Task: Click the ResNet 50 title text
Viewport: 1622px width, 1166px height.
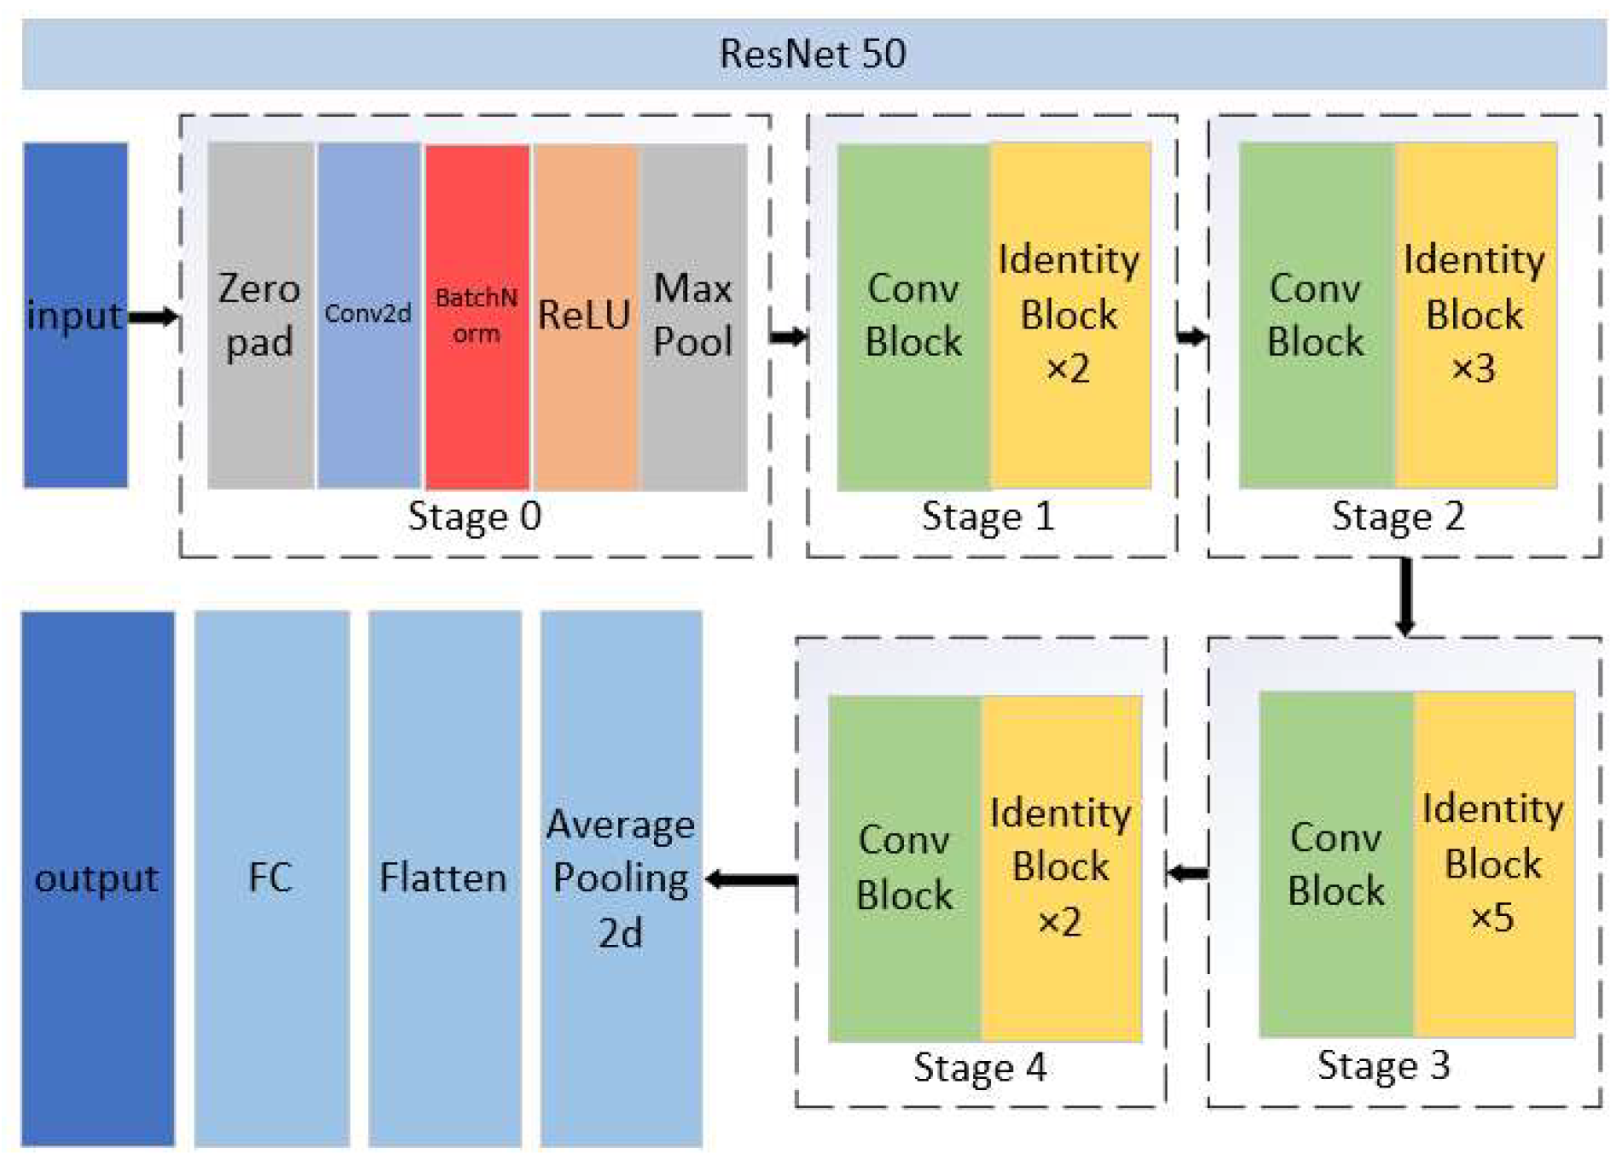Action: [812, 54]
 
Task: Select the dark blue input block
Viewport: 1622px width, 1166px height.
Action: [75, 315]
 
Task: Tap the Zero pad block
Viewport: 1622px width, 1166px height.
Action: [260, 315]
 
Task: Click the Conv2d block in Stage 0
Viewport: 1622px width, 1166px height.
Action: [368, 315]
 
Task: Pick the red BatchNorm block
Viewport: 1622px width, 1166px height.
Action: [476, 315]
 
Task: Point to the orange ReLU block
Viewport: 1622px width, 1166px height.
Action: [585, 315]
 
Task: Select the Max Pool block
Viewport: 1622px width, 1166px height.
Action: [693, 315]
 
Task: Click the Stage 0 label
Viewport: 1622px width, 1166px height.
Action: [475, 516]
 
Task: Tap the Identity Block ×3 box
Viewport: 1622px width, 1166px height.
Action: [1475, 315]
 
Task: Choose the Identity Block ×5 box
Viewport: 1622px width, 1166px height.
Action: [1493, 864]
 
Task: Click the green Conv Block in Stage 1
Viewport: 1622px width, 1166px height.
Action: [913, 315]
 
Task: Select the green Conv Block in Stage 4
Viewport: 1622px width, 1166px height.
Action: [904, 868]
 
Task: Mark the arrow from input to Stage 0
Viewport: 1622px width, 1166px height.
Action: [154, 318]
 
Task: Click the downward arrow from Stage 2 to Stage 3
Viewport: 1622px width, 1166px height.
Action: [1405, 596]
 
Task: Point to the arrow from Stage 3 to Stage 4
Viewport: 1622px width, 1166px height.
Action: [1187, 872]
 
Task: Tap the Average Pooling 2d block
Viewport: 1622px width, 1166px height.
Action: [621, 877]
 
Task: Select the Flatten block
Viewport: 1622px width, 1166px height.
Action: [444, 877]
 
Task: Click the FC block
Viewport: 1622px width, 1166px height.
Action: [271, 877]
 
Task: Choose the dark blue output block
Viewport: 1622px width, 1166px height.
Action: [97, 877]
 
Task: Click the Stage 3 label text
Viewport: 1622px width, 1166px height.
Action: [1383, 1065]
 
